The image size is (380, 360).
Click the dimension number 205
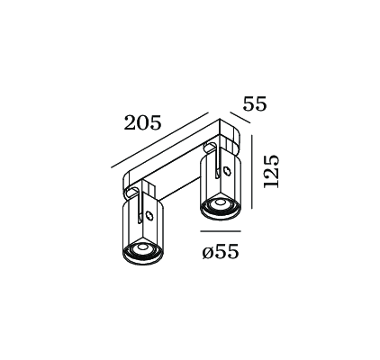(x=143, y=123)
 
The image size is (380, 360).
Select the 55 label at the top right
(x=255, y=104)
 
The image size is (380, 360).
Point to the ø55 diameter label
(x=220, y=253)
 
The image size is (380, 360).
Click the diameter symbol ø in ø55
(x=207, y=254)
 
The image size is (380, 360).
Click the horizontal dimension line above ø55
(x=218, y=231)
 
